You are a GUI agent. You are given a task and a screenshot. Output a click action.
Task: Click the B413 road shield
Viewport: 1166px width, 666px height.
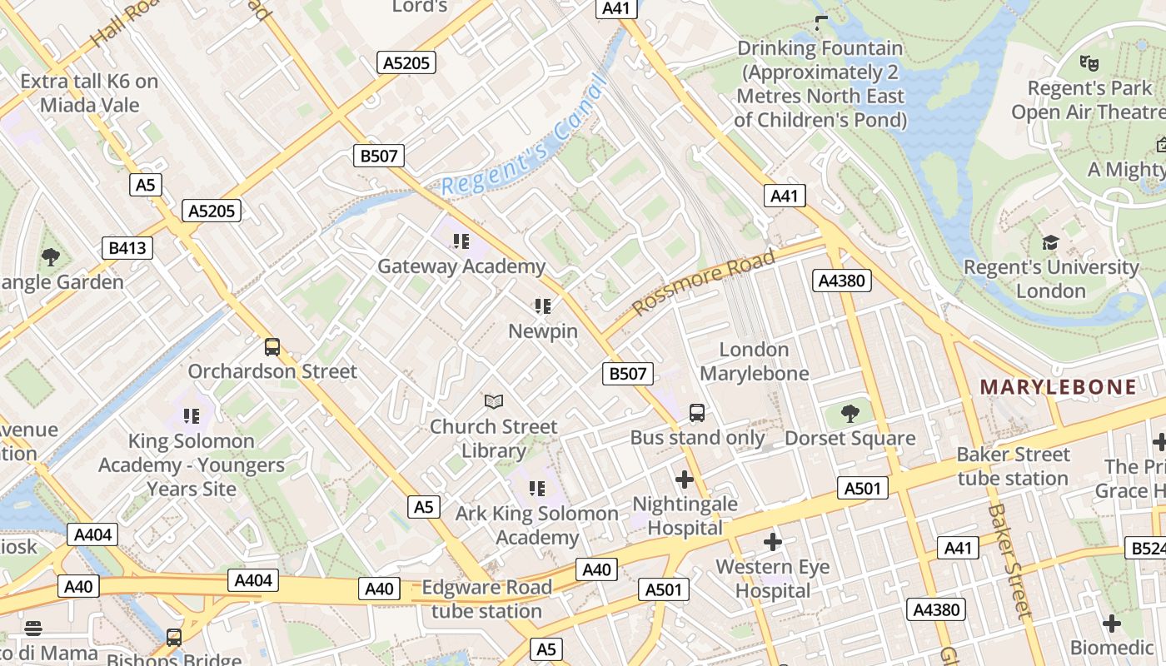coord(127,247)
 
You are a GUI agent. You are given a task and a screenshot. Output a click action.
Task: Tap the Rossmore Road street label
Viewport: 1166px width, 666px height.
coord(704,282)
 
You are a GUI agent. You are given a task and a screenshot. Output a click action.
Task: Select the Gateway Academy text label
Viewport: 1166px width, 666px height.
coord(461,266)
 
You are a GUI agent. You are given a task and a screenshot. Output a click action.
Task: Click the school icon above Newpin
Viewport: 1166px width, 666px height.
coord(543,306)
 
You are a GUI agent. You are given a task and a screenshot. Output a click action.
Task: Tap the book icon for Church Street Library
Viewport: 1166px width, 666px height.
coord(494,402)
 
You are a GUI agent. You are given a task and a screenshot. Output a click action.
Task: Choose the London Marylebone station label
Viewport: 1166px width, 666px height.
coord(754,361)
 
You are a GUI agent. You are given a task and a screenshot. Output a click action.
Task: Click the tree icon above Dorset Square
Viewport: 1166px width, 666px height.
coord(850,413)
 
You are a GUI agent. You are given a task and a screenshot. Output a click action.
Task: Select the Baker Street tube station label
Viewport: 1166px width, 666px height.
coord(1013,466)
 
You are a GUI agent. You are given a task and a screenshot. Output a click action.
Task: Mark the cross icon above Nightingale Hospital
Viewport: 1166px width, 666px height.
coord(685,480)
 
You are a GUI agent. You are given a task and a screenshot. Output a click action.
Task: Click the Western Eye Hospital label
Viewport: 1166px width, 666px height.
coord(773,579)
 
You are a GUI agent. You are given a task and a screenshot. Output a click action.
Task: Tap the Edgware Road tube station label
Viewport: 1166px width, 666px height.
coord(486,599)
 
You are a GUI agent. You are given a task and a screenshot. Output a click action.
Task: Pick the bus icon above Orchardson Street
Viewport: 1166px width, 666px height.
coord(272,346)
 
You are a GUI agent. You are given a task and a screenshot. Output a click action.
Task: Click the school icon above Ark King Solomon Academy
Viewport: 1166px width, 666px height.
coord(537,488)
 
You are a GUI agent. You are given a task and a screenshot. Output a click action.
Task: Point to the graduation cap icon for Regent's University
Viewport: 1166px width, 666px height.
coord(1050,242)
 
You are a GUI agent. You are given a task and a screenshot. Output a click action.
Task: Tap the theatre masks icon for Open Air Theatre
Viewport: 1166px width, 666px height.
coord(1087,62)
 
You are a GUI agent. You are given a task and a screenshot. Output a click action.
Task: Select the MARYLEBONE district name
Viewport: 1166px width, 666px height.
coord(1058,386)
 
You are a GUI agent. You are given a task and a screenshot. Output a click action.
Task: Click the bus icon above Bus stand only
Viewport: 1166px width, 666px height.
coord(696,412)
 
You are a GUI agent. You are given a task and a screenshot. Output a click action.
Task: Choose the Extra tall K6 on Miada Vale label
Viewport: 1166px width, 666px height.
coord(89,93)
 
